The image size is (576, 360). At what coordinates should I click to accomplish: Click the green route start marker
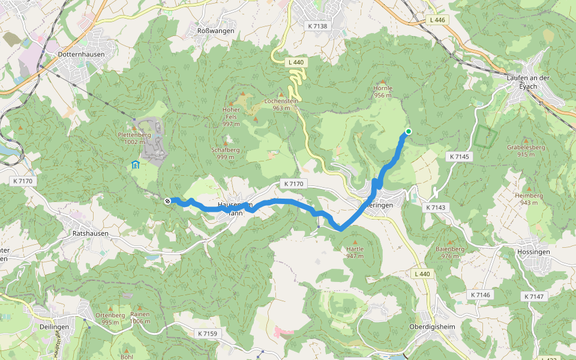pyautogui.click(x=409, y=131)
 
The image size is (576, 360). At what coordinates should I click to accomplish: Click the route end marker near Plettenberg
pyautogui.click(x=167, y=201)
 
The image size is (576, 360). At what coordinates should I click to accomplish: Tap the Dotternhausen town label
pyautogui.click(x=82, y=54)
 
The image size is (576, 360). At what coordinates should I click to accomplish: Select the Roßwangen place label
pyautogui.click(x=215, y=31)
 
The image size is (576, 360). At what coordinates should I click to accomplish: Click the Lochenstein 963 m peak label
pyautogui.click(x=281, y=104)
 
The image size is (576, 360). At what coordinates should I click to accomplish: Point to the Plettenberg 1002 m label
pyautogui.click(x=131, y=139)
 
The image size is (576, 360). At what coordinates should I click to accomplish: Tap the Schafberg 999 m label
pyautogui.click(x=226, y=152)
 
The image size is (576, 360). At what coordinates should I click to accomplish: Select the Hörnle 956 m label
pyautogui.click(x=383, y=91)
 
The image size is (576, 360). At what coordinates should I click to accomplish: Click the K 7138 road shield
pyautogui.click(x=317, y=26)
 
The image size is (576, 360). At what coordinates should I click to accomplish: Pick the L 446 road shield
pyautogui.click(x=437, y=20)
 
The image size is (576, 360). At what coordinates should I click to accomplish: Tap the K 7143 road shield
pyautogui.click(x=436, y=207)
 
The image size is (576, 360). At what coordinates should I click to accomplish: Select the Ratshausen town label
pyautogui.click(x=89, y=233)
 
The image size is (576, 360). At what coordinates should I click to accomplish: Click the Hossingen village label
pyautogui.click(x=533, y=252)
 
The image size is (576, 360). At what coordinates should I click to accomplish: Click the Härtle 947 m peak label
pyautogui.click(x=355, y=252)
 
